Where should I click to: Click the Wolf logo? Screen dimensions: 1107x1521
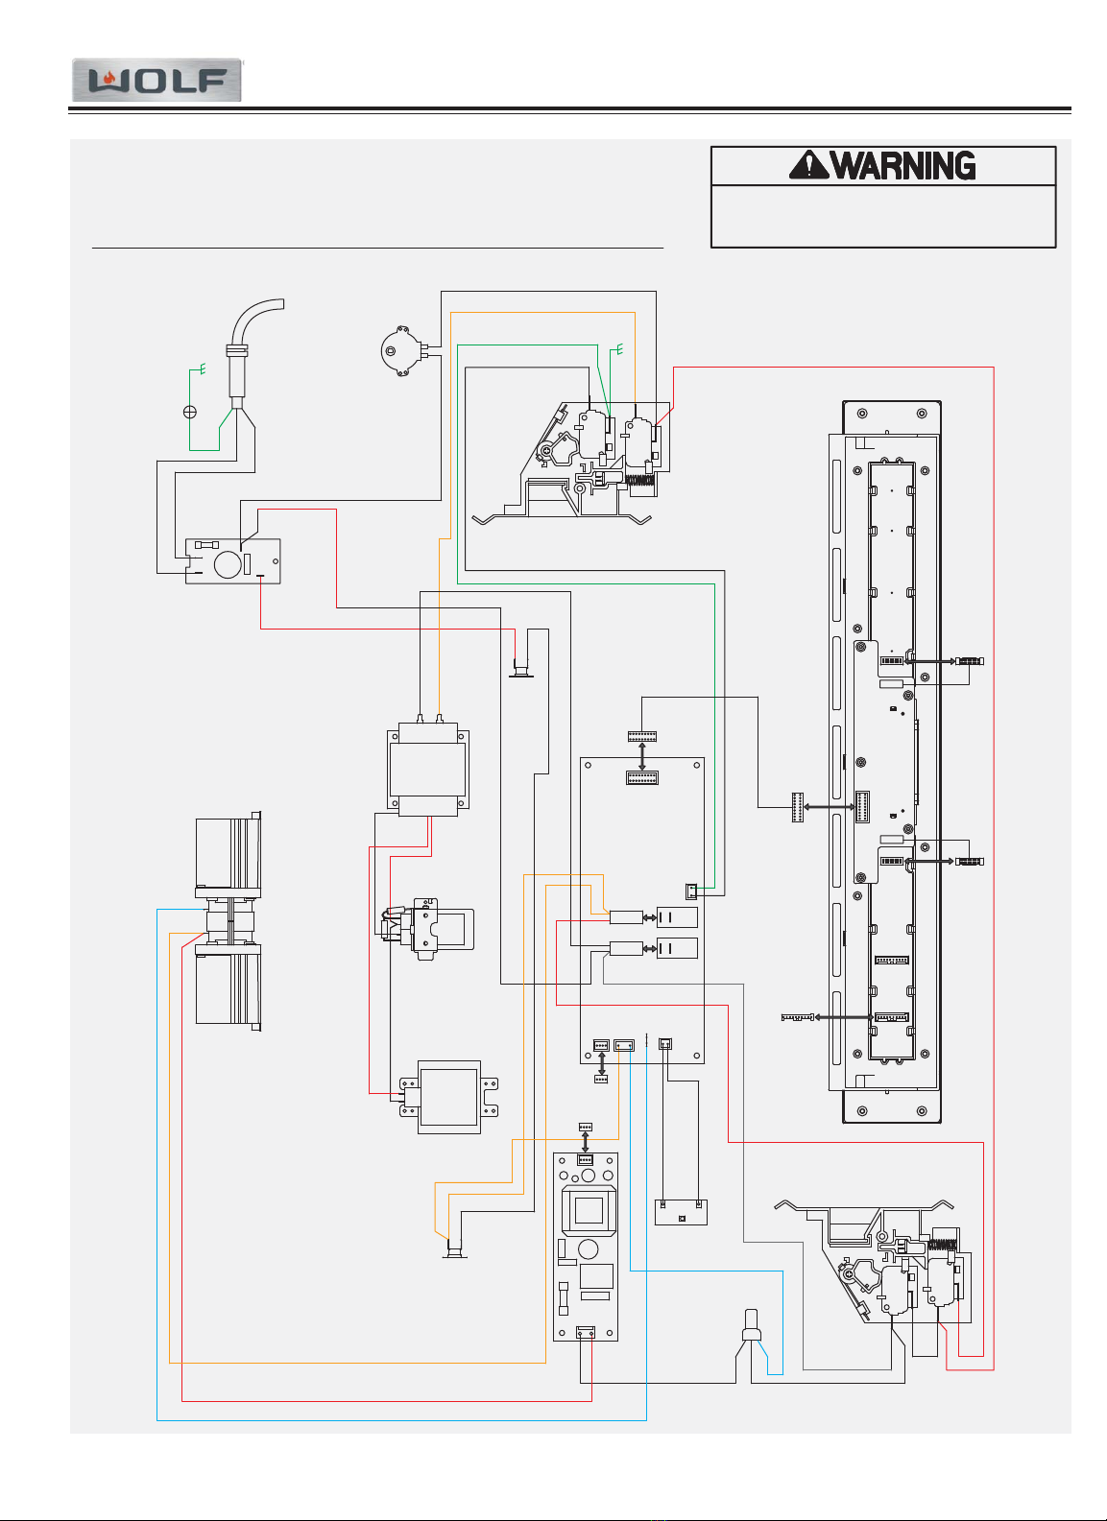157,80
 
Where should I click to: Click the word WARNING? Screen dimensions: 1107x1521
903,166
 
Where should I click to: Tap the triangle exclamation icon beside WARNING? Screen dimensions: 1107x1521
808,165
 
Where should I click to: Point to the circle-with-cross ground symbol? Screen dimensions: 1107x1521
190,412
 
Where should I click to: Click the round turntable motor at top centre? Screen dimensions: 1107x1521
402,351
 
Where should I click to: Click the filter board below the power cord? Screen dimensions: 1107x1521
232,560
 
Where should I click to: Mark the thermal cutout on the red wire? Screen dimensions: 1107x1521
521,669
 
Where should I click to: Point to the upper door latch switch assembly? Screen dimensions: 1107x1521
586,461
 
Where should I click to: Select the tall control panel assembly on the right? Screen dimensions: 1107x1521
885,762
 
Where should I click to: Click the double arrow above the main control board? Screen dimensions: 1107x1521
642,756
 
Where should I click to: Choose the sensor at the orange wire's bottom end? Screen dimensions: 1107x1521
455,1248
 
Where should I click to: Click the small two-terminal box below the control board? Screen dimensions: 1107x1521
681,1212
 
